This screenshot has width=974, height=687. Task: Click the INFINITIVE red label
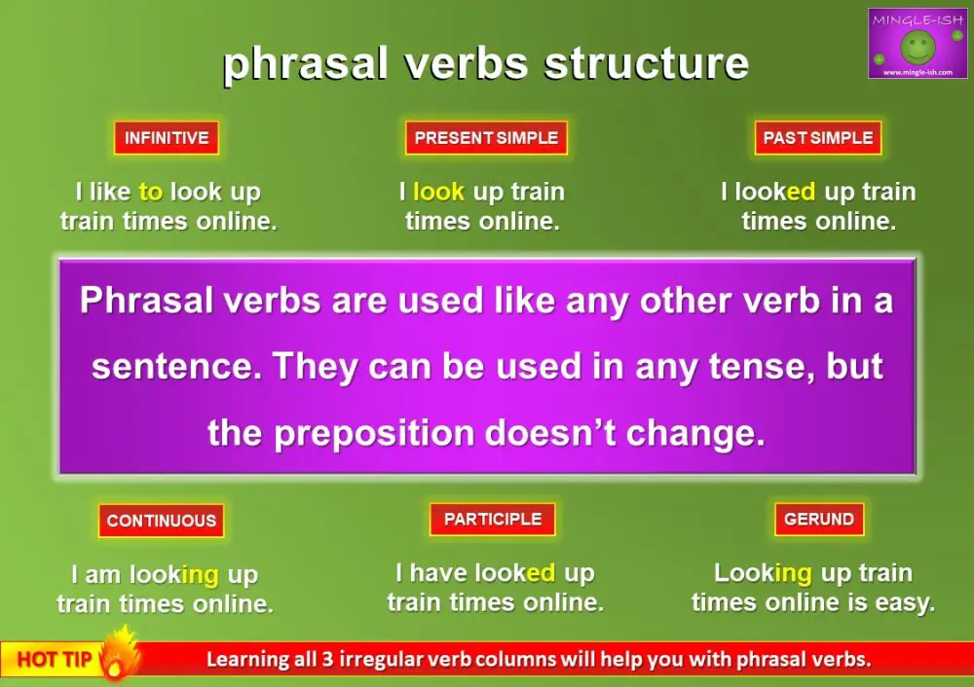pos(166,138)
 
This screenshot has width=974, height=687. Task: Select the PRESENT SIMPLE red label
pos(486,138)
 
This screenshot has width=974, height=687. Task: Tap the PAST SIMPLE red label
pos(818,138)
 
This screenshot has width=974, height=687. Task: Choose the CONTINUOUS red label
pos(161,521)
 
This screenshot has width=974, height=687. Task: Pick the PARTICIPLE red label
pos(492,520)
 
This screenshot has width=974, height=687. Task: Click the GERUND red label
pos(818,520)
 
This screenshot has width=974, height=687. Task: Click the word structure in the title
pos(647,63)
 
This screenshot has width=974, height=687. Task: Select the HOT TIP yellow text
pos(54,660)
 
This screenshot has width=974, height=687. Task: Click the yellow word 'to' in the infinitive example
pos(151,192)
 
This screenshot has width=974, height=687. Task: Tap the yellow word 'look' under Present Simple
pos(438,192)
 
